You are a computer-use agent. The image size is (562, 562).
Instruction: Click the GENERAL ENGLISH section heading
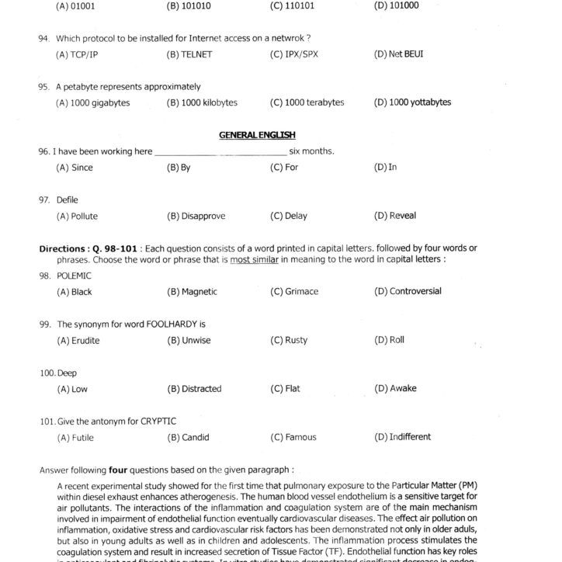pos(257,134)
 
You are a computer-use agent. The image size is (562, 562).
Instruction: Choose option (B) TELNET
pos(189,54)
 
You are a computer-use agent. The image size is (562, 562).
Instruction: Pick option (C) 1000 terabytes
pos(307,102)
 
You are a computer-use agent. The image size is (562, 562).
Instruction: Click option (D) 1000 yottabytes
pos(412,102)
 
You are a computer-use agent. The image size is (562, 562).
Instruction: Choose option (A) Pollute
pos(77,216)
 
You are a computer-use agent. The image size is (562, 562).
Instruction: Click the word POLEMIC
pos(74,276)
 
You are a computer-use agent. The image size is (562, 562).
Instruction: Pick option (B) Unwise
pos(189,340)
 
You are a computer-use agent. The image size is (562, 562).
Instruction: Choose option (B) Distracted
pos(194,388)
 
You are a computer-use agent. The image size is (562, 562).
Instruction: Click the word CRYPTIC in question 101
pos(158,421)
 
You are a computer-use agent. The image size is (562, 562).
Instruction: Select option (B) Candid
pos(188,437)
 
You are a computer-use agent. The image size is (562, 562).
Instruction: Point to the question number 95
pos(44,87)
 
